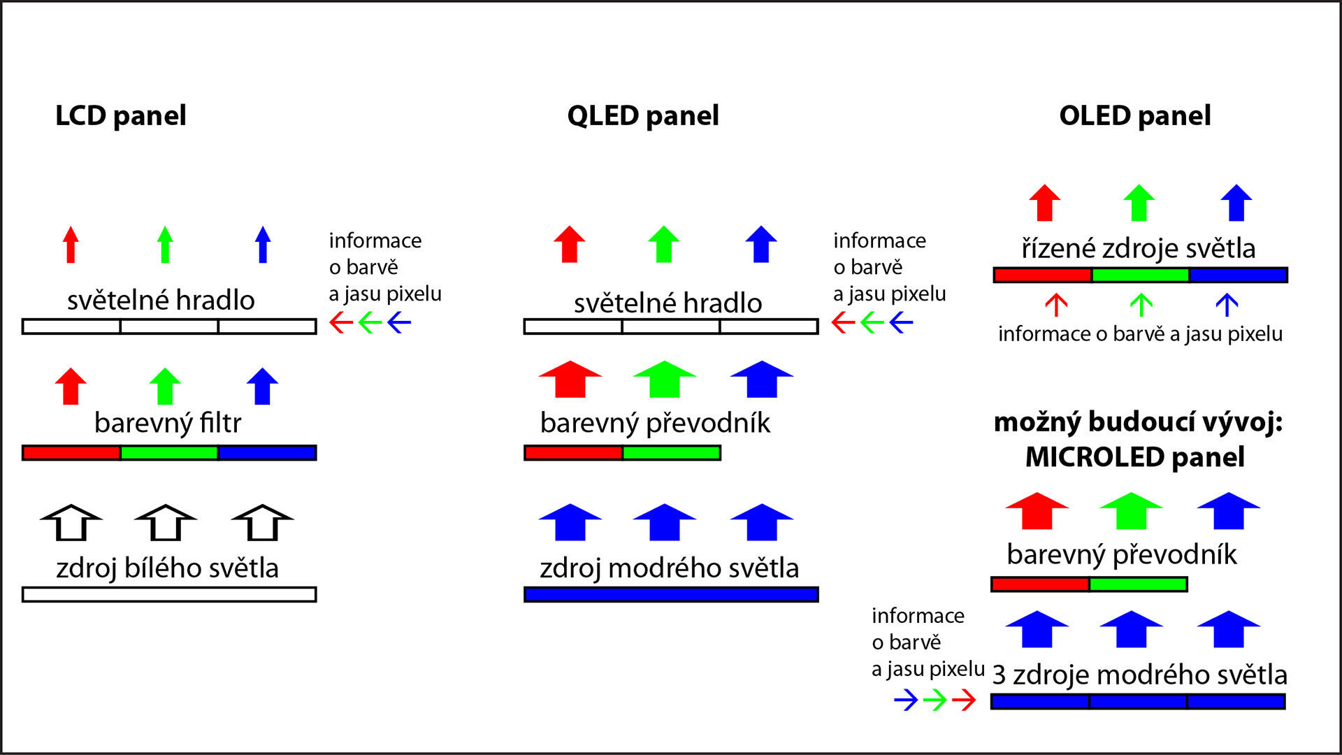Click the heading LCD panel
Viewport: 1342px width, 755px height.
pyautogui.click(x=121, y=116)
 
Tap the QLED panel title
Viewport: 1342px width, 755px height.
pyautogui.click(x=643, y=116)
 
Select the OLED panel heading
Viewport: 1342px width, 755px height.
pyautogui.click(x=1135, y=116)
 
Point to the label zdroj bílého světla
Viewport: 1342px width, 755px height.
pyautogui.click(x=168, y=568)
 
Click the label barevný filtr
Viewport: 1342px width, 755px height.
pyautogui.click(x=168, y=423)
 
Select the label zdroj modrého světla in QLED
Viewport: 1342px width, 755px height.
pyautogui.click(x=670, y=568)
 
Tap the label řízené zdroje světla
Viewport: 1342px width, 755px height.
pyautogui.click(x=1139, y=249)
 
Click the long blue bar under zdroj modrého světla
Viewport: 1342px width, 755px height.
pyautogui.click(x=671, y=594)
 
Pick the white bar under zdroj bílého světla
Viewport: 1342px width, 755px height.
pyautogui.click(x=169, y=594)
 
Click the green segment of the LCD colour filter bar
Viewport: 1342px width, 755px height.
pyautogui.click(x=169, y=453)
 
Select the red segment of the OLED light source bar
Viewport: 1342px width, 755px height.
pyautogui.click(x=1042, y=275)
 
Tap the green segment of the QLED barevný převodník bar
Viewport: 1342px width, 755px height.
pyautogui.click(x=672, y=453)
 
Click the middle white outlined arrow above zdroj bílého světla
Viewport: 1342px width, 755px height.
pyautogui.click(x=166, y=522)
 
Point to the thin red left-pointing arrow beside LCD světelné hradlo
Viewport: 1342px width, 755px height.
pyautogui.click(x=341, y=323)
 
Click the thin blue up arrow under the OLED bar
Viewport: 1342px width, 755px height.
pyautogui.click(x=1227, y=305)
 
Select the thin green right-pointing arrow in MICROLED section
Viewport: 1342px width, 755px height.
pyautogui.click(x=935, y=700)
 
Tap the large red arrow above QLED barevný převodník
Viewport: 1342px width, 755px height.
pyautogui.click(x=570, y=379)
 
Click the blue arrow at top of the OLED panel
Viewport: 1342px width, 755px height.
pyautogui.click(x=1236, y=203)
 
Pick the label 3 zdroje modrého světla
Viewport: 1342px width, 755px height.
pyautogui.click(x=1140, y=675)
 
